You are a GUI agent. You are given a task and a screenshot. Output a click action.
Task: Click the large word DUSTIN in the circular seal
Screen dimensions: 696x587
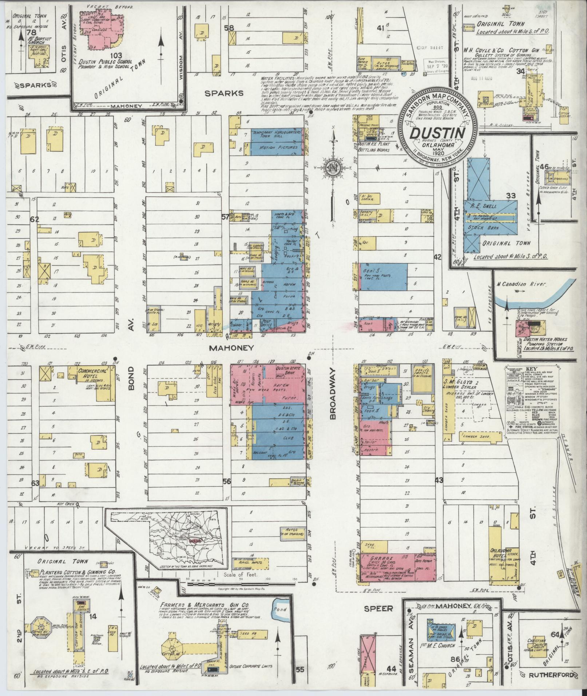437,132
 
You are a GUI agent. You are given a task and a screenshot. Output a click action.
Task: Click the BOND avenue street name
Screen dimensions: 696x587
131,378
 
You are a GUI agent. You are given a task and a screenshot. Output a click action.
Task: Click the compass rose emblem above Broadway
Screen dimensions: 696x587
332,168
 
